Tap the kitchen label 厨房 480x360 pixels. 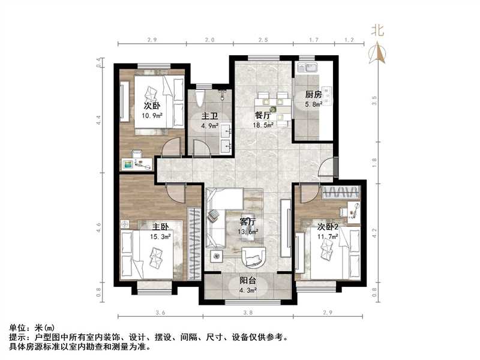313,95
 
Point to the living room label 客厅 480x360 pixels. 249,221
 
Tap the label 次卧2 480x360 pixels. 328,227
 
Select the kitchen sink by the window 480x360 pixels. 310,67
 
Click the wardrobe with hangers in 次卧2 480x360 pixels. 341,193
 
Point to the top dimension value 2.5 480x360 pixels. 263,40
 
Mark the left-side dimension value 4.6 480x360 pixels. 99,226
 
